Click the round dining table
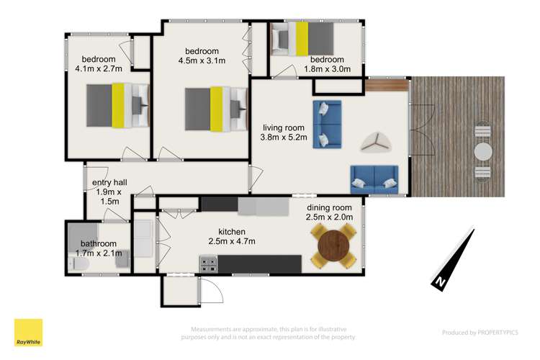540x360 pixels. [x=333, y=246]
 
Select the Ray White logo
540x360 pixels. [x=28, y=333]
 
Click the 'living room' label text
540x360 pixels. [x=284, y=127]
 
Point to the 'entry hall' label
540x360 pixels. [x=108, y=183]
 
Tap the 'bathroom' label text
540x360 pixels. [x=99, y=243]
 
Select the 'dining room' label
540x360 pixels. [x=331, y=207]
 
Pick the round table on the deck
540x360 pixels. [x=483, y=152]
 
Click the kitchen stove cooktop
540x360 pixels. [x=208, y=265]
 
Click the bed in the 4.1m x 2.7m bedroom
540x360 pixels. [x=117, y=105]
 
